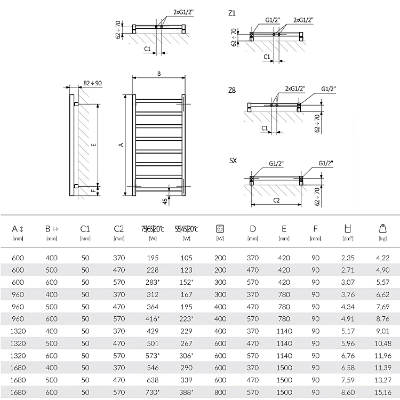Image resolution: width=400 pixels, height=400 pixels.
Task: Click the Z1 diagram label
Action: coord(232,13)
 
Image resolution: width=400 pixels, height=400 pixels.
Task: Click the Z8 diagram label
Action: coord(232,90)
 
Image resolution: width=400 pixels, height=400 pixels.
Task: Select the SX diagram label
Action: coord(233,161)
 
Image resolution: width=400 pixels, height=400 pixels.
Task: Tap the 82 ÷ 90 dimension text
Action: coord(92,83)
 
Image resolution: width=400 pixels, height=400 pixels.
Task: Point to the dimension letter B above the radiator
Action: coord(159,74)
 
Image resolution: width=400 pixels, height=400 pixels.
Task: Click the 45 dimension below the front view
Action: coord(165,201)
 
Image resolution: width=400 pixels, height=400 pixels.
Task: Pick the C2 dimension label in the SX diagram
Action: coord(276,200)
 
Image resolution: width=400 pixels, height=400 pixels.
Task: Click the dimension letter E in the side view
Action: coord(94,145)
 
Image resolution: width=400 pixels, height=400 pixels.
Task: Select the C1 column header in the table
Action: coord(85,229)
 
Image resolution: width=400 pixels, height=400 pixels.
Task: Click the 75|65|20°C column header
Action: coord(153,229)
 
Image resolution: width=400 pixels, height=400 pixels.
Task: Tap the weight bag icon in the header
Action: coord(382,228)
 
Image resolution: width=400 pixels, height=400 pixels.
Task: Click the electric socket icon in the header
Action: coord(220,229)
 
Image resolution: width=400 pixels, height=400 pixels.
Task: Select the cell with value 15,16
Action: coord(382,392)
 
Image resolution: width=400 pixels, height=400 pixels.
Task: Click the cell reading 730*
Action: coord(153,392)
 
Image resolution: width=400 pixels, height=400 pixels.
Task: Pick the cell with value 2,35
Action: coord(348,258)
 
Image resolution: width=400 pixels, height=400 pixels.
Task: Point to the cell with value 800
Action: coord(220,392)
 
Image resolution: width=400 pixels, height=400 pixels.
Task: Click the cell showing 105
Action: coord(187,258)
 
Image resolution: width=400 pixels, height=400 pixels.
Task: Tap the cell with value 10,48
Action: coord(382,343)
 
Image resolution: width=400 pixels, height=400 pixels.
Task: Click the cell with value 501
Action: coord(153,343)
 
